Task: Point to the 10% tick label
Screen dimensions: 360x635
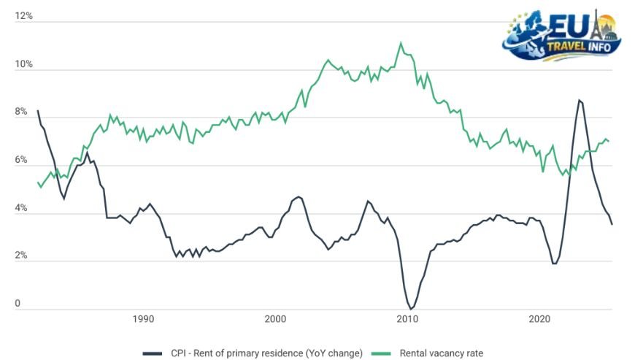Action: [x=23, y=64]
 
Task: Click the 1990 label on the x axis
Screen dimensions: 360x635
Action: [x=143, y=319]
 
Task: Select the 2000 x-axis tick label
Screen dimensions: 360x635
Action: [x=275, y=319]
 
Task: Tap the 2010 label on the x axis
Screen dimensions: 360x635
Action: [x=407, y=319]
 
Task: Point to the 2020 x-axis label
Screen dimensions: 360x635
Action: [x=539, y=319]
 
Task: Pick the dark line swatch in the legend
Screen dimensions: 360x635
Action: [x=152, y=353]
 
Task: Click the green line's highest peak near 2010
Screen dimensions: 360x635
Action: [x=401, y=43]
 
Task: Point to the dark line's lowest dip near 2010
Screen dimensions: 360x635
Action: [x=411, y=308]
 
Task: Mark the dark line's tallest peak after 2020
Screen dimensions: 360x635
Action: [x=579, y=100]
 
